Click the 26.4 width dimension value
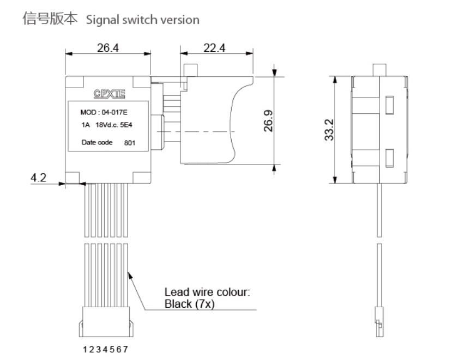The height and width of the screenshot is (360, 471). pos(107,48)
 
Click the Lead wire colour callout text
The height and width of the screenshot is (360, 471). pos(207,292)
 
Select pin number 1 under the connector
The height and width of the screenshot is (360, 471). pos(84,349)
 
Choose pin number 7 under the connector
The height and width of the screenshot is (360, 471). pos(127,349)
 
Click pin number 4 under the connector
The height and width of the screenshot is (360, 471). pos(106,349)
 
